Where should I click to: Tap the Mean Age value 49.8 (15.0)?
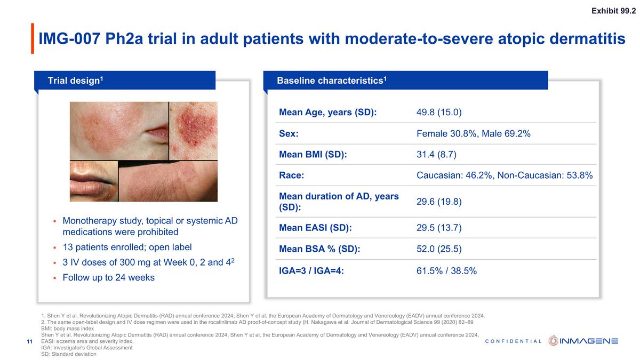click(438, 113)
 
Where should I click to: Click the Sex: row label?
click(289, 134)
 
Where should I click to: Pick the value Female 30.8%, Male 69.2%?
click(473, 134)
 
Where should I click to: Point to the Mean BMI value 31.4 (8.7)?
click(436, 155)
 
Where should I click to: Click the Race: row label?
click(292, 175)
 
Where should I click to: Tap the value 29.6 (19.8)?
click(438, 202)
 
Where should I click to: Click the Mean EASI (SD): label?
click(315, 228)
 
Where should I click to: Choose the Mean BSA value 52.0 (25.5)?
click(438, 249)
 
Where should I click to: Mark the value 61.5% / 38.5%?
click(446, 271)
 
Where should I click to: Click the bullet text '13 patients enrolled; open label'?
click(127, 247)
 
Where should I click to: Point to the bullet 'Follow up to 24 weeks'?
click(108, 277)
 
